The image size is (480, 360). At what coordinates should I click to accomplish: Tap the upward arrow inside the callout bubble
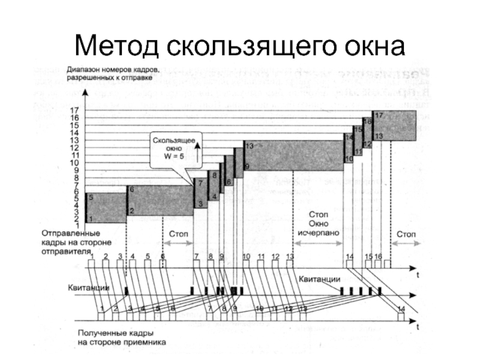click(198, 150)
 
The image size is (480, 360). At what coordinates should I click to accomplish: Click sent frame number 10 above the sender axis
click(246, 256)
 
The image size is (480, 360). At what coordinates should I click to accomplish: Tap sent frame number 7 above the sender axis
click(196, 256)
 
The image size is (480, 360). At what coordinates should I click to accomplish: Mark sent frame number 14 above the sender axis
click(350, 256)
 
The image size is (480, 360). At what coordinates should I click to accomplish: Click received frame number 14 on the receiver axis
click(401, 308)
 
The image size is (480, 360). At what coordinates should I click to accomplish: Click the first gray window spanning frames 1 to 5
click(106, 208)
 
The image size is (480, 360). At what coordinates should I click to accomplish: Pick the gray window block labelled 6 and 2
click(160, 200)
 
